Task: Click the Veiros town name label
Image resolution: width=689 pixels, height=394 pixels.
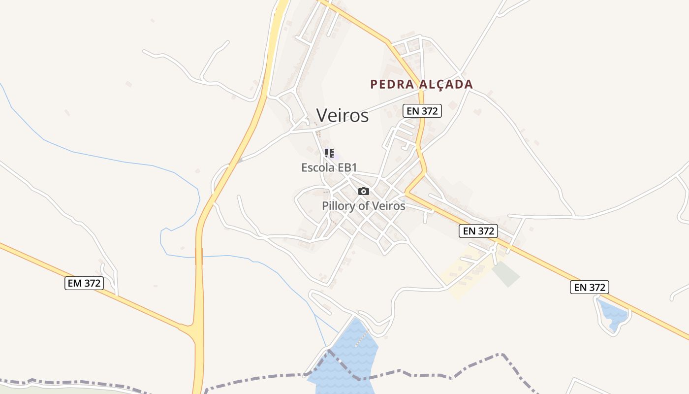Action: (342, 115)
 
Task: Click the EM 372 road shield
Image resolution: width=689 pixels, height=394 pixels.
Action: (84, 283)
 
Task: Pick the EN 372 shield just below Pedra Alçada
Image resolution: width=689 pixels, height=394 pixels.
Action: (422, 111)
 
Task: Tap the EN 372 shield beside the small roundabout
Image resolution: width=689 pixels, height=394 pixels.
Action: (478, 230)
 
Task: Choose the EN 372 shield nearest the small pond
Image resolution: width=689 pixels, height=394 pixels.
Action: (590, 287)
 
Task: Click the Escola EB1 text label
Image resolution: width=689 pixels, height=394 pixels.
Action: (329, 167)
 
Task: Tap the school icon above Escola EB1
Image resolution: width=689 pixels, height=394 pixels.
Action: (329, 153)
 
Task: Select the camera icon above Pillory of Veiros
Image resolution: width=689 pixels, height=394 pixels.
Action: (364, 191)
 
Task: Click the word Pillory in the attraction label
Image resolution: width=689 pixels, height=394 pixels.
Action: (338, 206)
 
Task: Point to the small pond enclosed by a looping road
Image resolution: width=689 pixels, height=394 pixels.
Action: (613, 314)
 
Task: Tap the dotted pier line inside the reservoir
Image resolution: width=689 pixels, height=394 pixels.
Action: (362, 339)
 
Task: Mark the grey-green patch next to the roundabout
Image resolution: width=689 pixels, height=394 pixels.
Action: (506, 273)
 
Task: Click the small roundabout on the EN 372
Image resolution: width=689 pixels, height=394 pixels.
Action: (492, 250)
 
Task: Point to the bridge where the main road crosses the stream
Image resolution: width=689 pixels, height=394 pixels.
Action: (199, 256)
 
